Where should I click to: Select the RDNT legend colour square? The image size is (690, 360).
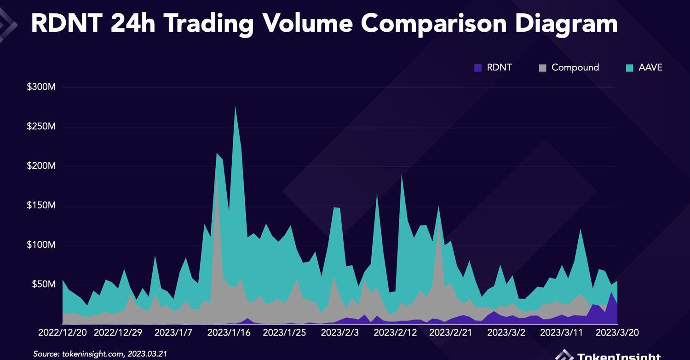point(478,68)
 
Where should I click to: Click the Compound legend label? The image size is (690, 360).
point(575,68)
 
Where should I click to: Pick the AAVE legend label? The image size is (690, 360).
point(650,68)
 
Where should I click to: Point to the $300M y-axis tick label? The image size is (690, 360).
point(41,87)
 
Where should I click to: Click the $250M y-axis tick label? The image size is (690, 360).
point(41,126)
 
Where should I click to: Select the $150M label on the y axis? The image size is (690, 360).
point(41,205)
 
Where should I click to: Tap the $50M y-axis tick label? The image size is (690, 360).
point(44,284)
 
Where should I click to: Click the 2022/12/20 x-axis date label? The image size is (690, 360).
point(63,332)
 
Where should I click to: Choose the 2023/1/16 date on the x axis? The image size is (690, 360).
point(229,332)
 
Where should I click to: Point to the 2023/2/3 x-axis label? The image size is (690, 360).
point(339,332)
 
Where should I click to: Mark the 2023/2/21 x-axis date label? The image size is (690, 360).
point(450,332)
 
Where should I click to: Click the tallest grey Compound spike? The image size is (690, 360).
point(217,184)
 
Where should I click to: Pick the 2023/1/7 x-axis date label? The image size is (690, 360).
point(173,332)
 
